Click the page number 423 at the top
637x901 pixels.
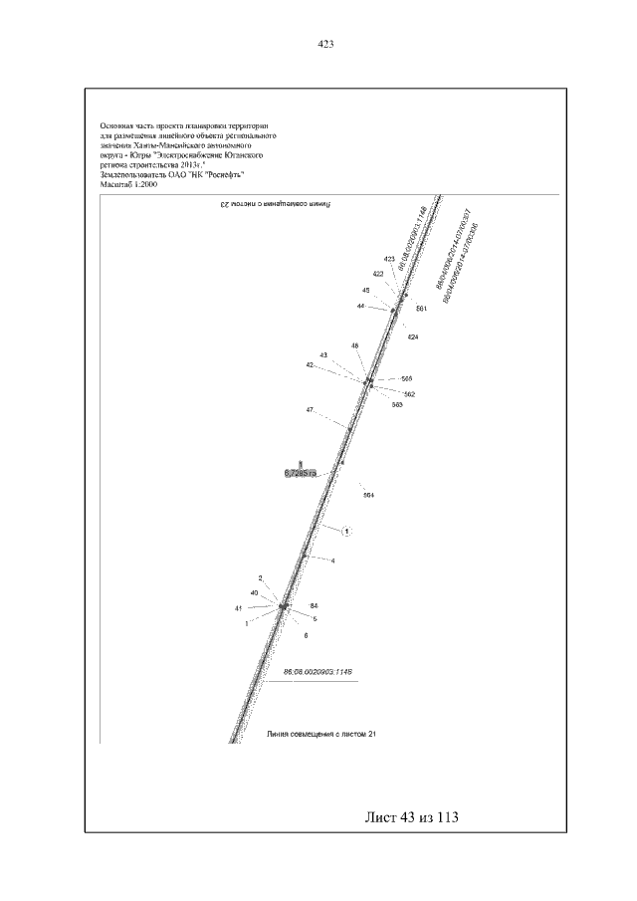coord(324,44)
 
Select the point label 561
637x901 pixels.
coord(421,309)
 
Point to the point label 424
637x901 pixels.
coord(413,337)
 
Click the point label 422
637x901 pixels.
coord(378,274)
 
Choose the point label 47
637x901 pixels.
coord(311,410)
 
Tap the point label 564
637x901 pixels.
coord(367,495)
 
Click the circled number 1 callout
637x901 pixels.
coord(347,532)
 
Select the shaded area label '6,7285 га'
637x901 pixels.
coord(300,473)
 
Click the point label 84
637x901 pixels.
coord(314,605)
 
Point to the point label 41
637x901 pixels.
coord(239,607)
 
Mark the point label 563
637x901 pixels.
coord(396,405)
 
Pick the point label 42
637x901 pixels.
coord(311,365)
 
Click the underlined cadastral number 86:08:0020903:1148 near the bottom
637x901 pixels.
coord(319,673)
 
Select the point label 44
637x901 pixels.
coord(360,306)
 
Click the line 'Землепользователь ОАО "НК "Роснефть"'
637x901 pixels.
coord(171,175)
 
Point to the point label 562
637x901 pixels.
coord(408,394)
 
